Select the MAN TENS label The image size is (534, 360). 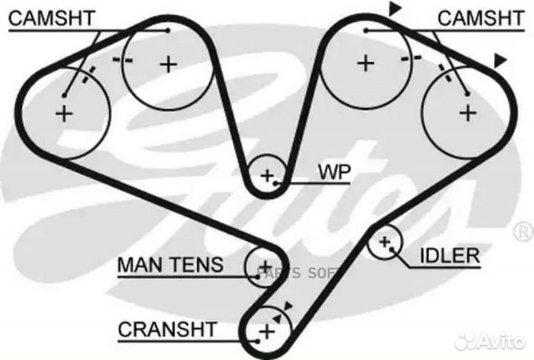(170, 264)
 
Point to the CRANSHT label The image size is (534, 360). (167, 328)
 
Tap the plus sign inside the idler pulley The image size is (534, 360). (384, 242)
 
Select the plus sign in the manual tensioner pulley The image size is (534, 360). (263, 266)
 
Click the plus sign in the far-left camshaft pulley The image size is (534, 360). (65, 114)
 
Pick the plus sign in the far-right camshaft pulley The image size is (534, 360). (467, 113)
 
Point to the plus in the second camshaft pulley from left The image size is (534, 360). (168, 64)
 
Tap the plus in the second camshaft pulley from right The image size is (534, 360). (364, 63)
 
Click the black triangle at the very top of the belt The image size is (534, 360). (395, 9)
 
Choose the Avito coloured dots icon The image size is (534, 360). (467, 341)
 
